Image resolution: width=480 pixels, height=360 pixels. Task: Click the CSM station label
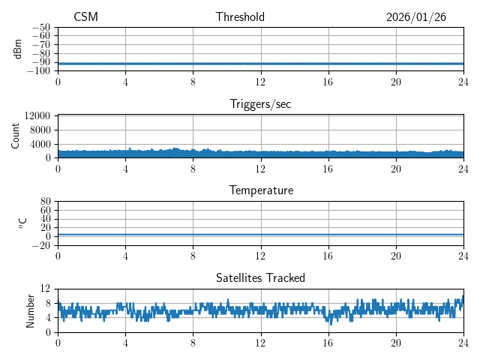pos(85,17)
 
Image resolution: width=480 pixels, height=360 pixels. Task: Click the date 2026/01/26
pos(416,17)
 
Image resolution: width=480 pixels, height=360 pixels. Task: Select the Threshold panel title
pos(240,17)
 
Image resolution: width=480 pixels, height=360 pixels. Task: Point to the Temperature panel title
pos(260,190)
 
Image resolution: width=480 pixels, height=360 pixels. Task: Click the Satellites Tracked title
pos(260,278)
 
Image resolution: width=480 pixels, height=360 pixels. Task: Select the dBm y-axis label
pos(18,49)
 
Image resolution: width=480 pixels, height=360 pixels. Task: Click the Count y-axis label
pos(16,136)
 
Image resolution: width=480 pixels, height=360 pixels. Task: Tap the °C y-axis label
pos(22,223)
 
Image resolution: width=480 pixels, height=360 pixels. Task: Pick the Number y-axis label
pos(31,310)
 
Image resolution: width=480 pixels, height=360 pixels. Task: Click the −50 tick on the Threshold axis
pos(40,27)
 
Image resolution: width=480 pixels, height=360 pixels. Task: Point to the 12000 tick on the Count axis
pos(37,115)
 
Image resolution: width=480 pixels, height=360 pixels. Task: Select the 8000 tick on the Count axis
pos(40,130)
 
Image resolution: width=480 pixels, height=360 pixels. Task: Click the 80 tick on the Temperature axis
pos(45,202)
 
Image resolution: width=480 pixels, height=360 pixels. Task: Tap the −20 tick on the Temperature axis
pos(40,245)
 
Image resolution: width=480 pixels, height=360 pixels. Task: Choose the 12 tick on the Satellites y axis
pos(45,289)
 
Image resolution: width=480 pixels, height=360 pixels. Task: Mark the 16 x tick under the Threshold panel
pos(328,82)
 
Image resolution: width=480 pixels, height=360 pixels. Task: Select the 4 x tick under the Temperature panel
pos(125,256)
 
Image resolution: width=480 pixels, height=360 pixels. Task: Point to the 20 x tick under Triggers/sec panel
pos(395,169)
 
